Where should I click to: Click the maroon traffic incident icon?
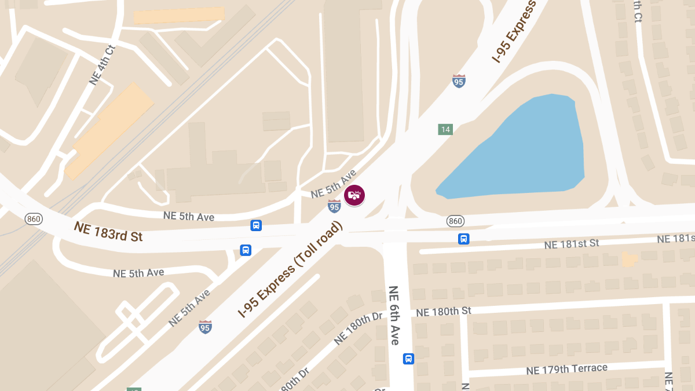tap(354, 195)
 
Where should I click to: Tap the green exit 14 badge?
tap(445, 129)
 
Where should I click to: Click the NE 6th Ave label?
tap(394, 315)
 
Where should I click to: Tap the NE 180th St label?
tap(443, 312)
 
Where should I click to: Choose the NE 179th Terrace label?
tap(566, 369)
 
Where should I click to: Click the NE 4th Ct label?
tap(99, 65)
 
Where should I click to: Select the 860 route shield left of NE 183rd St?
tap(33, 219)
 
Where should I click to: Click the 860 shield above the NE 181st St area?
tap(455, 221)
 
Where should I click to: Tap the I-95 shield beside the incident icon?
tap(334, 206)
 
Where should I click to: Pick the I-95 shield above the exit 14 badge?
tap(459, 81)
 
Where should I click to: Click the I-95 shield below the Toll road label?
tap(205, 327)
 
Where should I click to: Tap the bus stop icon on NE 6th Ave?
tap(408, 359)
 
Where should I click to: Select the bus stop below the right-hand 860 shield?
tap(463, 239)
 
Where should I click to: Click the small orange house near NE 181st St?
tap(628, 259)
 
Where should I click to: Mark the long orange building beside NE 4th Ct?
tap(109, 130)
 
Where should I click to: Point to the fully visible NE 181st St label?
tap(571, 244)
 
